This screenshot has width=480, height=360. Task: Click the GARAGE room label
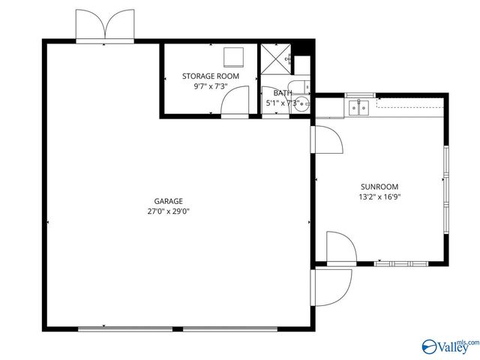tap(168, 201)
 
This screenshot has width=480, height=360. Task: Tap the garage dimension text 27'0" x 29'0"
tap(168, 212)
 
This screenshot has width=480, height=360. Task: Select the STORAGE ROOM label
tap(211, 76)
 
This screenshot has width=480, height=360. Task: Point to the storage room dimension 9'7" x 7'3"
tap(211, 87)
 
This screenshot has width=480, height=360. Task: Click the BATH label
tap(282, 93)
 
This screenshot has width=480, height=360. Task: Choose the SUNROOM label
tap(379, 187)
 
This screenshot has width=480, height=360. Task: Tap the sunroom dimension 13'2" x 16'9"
tap(379, 198)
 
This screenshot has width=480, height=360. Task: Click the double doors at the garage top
tap(106, 27)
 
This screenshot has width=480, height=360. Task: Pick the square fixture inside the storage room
tap(235, 57)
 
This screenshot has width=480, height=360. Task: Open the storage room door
tap(238, 101)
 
